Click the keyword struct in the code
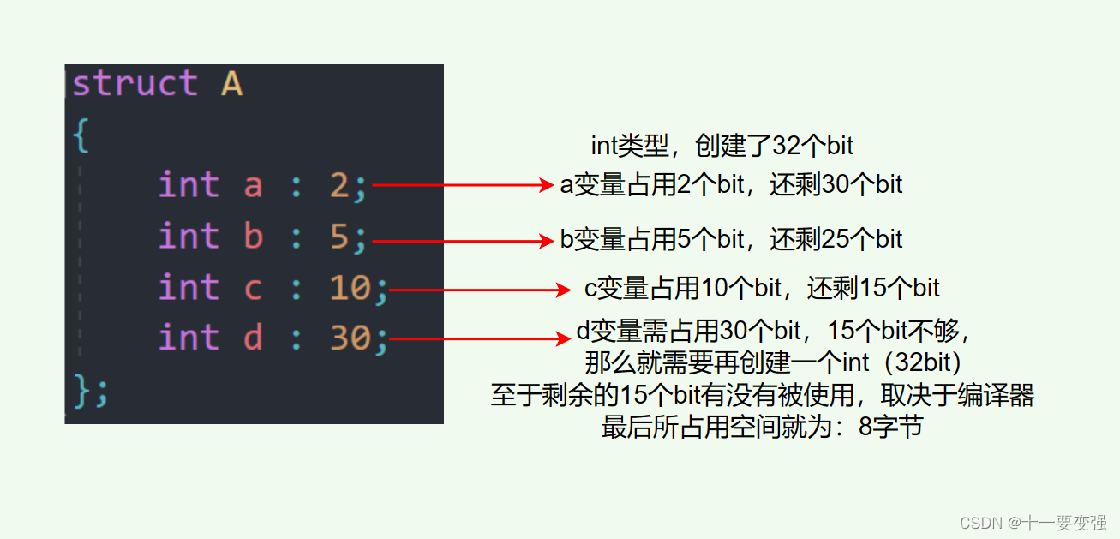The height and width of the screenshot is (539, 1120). coord(135,84)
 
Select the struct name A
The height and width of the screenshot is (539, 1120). coord(231,84)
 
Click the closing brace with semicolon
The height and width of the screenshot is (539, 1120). coord(91,392)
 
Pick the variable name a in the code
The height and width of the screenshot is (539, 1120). coord(253,185)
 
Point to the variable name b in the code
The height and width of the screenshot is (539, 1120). coord(253,237)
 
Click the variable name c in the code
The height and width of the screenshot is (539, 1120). coord(253,288)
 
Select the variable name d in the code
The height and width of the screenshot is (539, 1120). coord(253,338)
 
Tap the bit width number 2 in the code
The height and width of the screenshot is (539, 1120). coord(339,185)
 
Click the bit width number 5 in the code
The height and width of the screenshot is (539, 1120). coord(339,237)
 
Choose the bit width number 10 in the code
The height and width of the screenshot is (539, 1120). coord(350,288)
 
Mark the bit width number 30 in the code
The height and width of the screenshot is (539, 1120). coord(350,338)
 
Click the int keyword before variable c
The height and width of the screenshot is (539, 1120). coord(189,288)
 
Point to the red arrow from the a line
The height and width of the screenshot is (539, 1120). coord(463,185)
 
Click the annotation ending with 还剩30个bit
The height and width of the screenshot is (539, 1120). coord(731,185)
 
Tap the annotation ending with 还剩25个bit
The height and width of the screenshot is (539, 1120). coord(731,238)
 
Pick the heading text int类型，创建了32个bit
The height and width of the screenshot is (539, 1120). coord(722,146)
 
